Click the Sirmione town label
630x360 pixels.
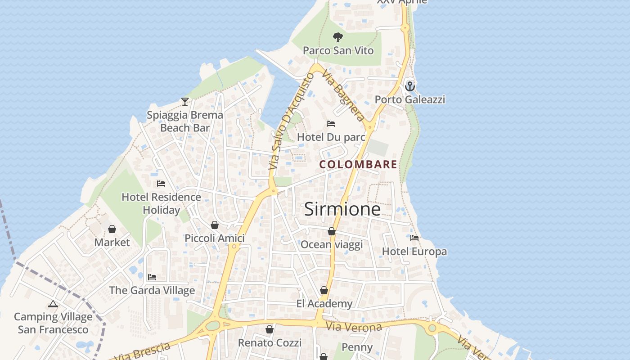click(342, 209)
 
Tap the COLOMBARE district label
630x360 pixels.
click(358, 165)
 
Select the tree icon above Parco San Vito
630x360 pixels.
click(338, 37)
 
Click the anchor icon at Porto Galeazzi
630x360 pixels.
click(410, 86)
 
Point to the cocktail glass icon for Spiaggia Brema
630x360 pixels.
click(185, 102)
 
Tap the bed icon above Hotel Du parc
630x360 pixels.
click(331, 124)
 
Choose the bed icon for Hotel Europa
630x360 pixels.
click(414, 238)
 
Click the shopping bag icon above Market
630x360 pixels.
click(112, 229)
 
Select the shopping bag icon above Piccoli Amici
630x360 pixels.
click(215, 225)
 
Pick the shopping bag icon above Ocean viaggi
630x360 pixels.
click(332, 231)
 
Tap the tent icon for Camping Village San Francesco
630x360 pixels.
click(53, 304)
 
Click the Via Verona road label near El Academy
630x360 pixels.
click(354, 327)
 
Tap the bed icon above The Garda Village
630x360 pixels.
click(152, 277)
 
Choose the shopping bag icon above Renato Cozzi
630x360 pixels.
click(270, 330)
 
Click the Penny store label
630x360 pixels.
click(357, 347)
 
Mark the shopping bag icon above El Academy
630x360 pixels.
click(324, 290)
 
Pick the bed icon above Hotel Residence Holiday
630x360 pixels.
click(161, 184)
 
